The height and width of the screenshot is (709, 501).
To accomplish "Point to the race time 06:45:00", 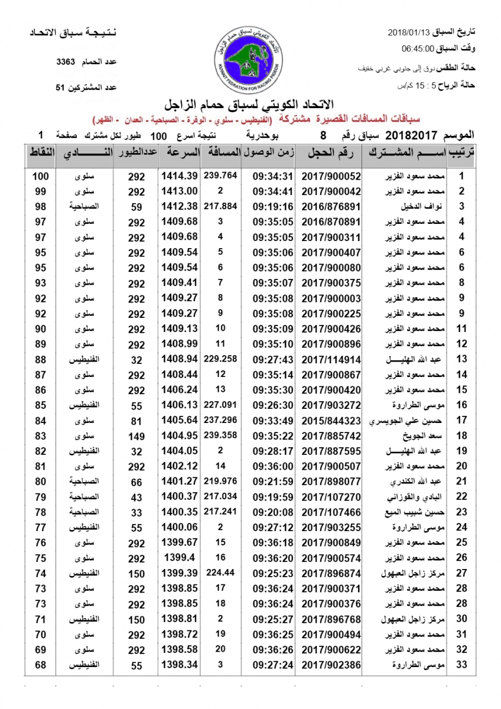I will pyautogui.click(x=418, y=48).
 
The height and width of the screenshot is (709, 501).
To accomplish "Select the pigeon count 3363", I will pyautogui.click(x=67, y=61).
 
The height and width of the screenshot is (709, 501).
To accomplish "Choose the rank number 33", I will pyautogui.click(x=462, y=665).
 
